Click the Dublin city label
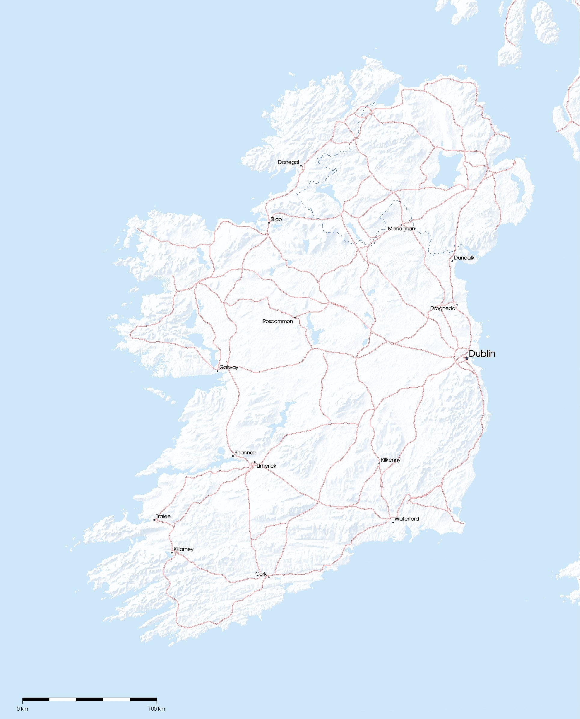(481, 354)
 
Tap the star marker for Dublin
(467, 358)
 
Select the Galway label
(228, 367)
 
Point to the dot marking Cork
(268, 577)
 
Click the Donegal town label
(288, 162)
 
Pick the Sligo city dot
(269, 223)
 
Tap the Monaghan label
(401, 229)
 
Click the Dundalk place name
(464, 258)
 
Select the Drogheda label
(442, 308)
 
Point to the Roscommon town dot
(295, 318)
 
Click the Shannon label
(245, 453)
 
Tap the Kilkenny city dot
(379, 463)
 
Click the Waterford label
(406, 519)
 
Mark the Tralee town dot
(154, 520)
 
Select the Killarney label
(183, 549)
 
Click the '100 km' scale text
(157, 709)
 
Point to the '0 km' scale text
(22, 709)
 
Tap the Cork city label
(261, 573)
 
